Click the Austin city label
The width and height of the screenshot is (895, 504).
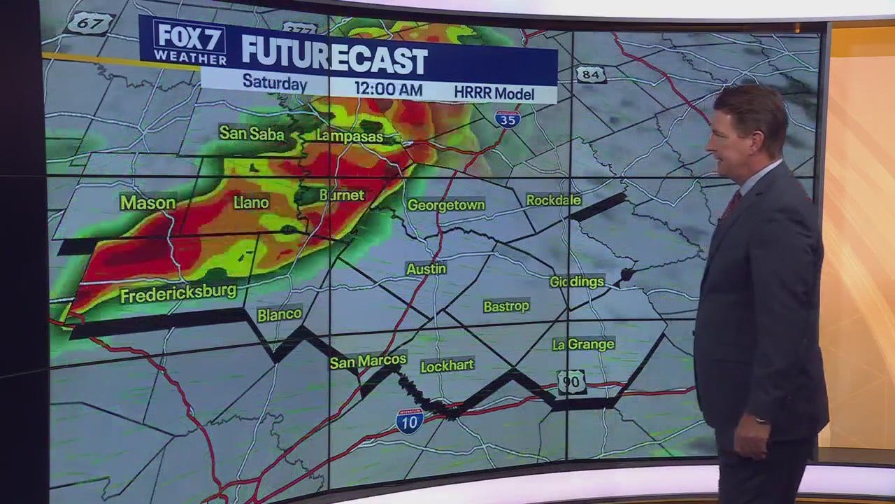tap(426, 269)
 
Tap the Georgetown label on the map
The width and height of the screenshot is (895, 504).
tap(446, 205)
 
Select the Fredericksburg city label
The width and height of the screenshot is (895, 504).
tap(178, 293)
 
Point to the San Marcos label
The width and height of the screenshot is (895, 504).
tap(368, 361)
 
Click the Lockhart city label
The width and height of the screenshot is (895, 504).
tap(447, 365)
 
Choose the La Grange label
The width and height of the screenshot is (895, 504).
tap(583, 344)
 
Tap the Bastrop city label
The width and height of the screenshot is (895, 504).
tap(506, 306)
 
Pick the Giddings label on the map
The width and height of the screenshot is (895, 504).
tap(577, 281)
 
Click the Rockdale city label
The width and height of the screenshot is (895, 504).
tap(554, 200)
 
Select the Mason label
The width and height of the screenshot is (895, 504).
tap(148, 203)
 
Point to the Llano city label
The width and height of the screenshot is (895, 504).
tap(251, 203)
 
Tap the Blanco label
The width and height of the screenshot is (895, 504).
tap(280, 314)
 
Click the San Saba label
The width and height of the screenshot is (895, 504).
tap(252, 132)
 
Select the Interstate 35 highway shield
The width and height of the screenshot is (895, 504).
tap(508, 118)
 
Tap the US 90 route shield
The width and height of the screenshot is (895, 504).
tap(572, 382)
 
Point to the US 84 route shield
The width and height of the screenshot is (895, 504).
tap(591, 74)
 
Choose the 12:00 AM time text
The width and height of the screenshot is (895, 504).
tap(388, 89)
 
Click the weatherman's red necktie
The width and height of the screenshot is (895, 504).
tap(731, 205)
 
